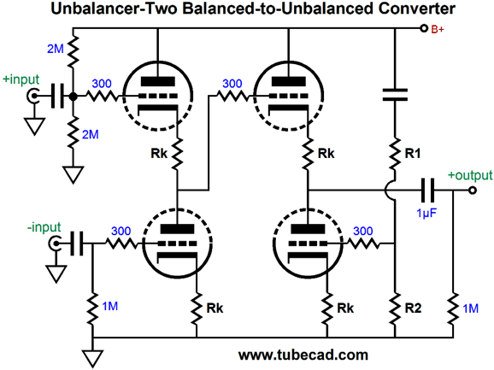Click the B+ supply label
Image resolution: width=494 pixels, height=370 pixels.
[x=438, y=30]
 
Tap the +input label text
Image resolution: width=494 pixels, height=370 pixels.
[x=21, y=79]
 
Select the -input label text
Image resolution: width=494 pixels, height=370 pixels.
[x=44, y=227]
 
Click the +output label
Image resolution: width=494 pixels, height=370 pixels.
[x=470, y=175]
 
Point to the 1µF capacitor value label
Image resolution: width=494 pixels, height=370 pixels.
[x=426, y=213]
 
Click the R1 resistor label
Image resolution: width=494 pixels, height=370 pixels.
[x=413, y=153]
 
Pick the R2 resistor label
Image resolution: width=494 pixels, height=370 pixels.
[x=413, y=308]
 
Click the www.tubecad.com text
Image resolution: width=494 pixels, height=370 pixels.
[x=303, y=355]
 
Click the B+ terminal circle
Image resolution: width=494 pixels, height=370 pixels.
[x=424, y=28]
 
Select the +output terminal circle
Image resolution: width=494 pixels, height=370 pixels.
[x=472, y=191]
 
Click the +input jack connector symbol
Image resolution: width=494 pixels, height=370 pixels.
[x=32, y=96]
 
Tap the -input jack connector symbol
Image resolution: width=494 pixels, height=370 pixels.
[x=54, y=244]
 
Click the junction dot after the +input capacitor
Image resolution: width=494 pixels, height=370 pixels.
[x=74, y=97]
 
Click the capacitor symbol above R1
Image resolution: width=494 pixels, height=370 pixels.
[x=395, y=95]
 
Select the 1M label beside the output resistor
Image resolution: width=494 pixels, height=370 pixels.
[x=471, y=308]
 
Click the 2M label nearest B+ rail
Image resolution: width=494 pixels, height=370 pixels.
[x=56, y=49]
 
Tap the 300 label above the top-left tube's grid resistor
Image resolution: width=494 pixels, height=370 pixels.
[x=102, y=84]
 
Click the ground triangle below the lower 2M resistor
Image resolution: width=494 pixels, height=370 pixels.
[x=74, y=175]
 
